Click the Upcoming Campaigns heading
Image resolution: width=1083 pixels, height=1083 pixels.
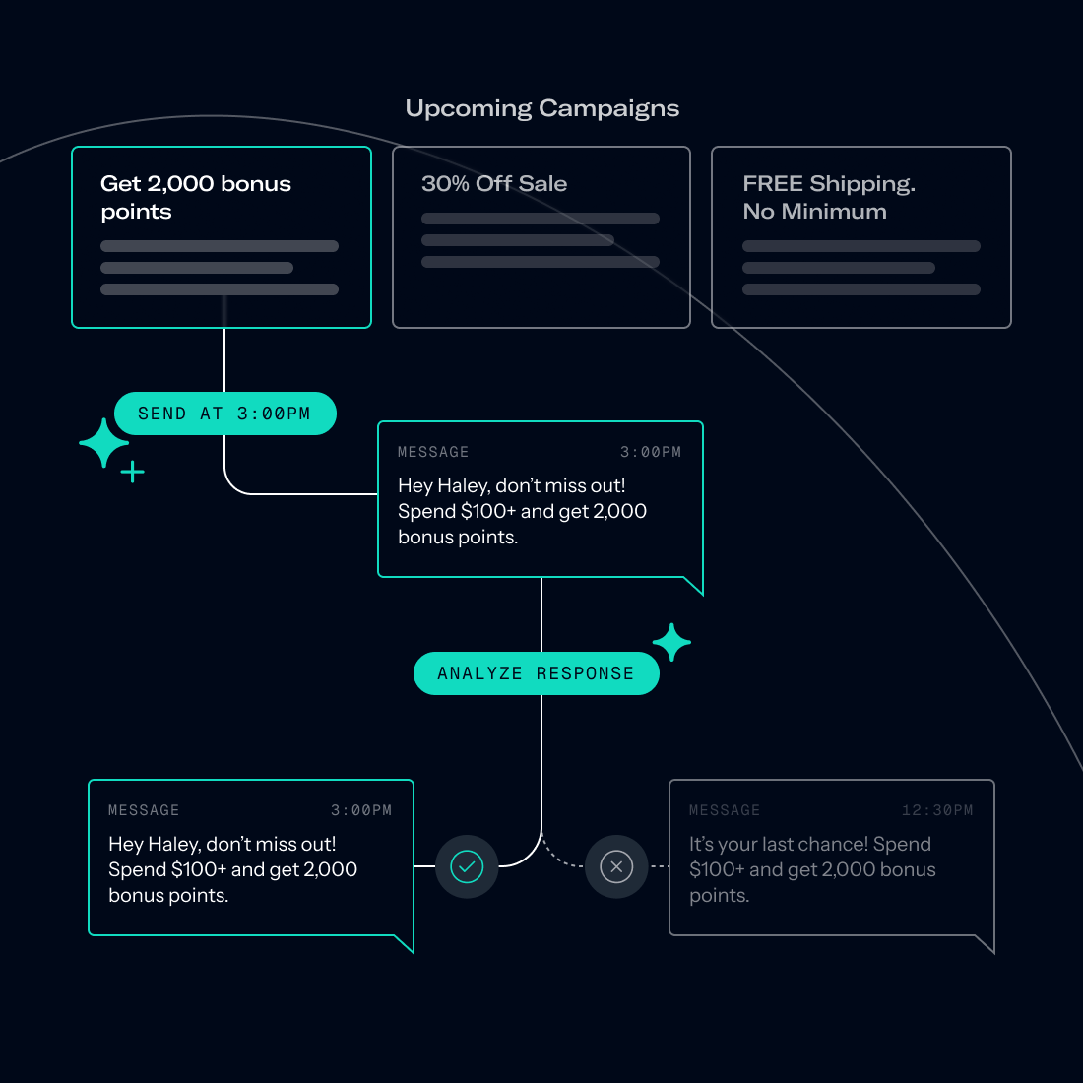(542, 108)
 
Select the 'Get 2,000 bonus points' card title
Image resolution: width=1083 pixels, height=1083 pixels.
(195, 197)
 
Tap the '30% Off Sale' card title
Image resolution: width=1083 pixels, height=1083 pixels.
(494, 184)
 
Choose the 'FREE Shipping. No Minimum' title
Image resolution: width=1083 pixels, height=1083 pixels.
(828, 197)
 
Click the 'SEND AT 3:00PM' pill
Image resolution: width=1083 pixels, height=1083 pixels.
(224, 414)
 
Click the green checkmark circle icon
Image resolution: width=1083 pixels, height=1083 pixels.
(467, 866)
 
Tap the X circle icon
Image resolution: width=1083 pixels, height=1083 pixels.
(616, 866)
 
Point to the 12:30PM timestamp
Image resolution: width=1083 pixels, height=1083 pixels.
(936, 810)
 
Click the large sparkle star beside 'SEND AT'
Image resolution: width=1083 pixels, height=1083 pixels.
(103, 443)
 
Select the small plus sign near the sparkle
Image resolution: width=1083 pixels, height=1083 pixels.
(133, 473)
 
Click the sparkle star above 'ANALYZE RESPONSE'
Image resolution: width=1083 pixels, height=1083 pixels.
(671, 643)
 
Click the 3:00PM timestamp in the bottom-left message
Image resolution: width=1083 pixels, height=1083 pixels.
(360, 810)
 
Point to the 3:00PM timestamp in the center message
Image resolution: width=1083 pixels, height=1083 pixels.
(650, 452)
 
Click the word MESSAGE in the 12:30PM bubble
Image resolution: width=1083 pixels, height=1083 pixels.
(725, 810)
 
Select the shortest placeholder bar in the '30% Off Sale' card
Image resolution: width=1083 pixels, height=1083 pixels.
(517, 240)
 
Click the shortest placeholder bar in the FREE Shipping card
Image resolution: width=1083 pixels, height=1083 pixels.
(838, 268)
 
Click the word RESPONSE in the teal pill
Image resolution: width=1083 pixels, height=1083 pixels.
(585, 673)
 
